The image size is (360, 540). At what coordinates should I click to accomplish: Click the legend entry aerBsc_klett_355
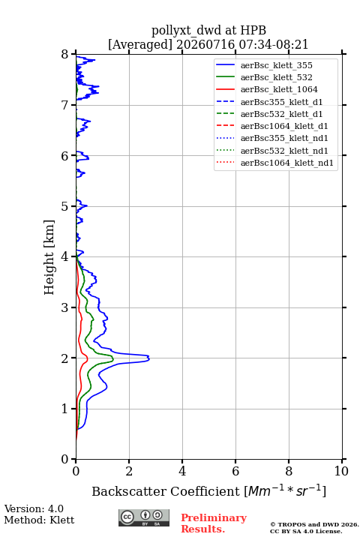[x=276, y=65]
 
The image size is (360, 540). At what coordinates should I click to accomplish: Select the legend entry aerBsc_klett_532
[x=276, y=77]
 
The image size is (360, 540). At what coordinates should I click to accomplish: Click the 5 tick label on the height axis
[x=65, y=206]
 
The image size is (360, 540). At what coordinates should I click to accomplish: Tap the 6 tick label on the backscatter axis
[x=235, y=471]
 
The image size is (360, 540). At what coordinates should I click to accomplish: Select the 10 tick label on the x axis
[x=342, y=471]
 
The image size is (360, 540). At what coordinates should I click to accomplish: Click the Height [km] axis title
[x=49, y=257]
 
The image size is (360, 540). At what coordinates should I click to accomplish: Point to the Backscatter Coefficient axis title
[x=208, y=490]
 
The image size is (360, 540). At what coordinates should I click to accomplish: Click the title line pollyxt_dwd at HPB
[x=208, y=30]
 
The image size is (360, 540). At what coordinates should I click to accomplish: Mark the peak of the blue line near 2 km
[x=149, y=358]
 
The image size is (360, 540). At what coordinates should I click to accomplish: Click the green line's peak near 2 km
[x=113, y=359]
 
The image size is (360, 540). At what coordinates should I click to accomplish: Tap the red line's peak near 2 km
[x=88, y=358]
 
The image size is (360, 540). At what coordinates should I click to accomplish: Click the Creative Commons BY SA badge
[x=144, y=518]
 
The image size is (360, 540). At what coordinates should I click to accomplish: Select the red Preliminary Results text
[x=214, y=523]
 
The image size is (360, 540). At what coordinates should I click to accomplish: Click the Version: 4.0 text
[x=34, y=508]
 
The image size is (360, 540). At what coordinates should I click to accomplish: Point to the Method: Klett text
[x=39, y=520]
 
